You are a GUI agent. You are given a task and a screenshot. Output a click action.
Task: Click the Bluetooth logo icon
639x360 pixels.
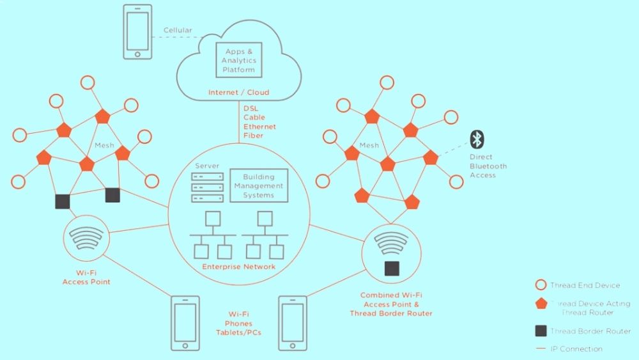click(476, 139)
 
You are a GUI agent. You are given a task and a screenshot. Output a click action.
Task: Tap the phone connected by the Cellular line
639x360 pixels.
click(138, 32)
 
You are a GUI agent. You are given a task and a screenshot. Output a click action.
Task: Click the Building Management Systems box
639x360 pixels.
click(258, 186)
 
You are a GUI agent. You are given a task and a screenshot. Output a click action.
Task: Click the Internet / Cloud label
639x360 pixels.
click(238, 93)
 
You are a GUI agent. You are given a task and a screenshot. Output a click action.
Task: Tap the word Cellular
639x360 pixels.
click(178, 30)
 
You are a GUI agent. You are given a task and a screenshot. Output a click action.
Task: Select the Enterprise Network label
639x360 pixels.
click(239, 266)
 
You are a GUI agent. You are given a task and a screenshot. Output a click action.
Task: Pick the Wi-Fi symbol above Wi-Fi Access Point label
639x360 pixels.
click(86, 238)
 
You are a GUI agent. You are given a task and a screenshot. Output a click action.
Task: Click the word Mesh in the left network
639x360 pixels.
click(104, 145)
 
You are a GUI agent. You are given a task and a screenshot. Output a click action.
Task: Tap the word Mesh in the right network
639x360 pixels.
click(369, 145)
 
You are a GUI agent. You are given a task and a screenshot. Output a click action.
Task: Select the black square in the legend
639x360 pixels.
click(541, 331)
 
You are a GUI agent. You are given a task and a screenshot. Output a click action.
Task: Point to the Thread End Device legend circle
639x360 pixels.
click(541, 285)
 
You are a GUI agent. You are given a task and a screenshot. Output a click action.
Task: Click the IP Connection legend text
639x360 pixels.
click(576, 348)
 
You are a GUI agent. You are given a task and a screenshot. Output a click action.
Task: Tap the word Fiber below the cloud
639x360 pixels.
click(253, 136)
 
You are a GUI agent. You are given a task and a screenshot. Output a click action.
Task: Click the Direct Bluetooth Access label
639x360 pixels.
click(488, 166)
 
